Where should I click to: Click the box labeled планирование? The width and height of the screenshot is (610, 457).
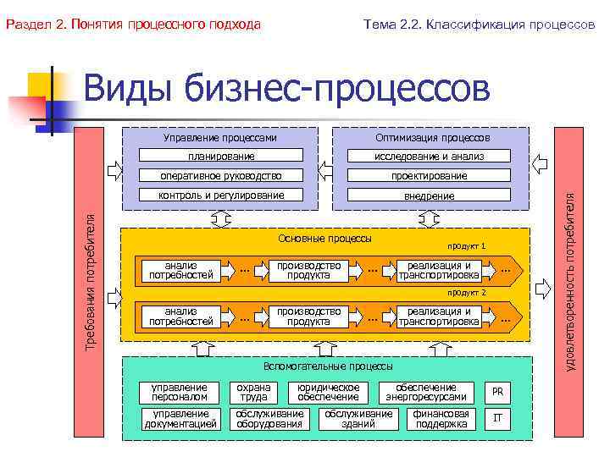tap(220, 156)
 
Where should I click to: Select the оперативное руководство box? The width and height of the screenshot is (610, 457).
tap(220, 175)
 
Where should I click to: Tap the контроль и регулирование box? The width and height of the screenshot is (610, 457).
tap(220, 195)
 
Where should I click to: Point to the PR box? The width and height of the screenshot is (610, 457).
tap(497, 392)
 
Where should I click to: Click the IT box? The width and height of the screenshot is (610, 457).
tap(497, 417)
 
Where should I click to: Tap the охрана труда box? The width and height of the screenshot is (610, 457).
tap(253, 392)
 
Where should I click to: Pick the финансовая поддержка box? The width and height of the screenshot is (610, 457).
tap(441, 418)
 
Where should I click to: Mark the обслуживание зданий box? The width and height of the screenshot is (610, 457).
tap(358, 418)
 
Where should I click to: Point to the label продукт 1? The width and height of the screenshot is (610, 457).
tap(467, 245)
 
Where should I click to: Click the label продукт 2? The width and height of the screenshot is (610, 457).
tap(467, 292)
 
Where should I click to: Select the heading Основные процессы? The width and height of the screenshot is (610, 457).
tap(324, 238)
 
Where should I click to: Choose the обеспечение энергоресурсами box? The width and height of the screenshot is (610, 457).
tap(425, 392)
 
